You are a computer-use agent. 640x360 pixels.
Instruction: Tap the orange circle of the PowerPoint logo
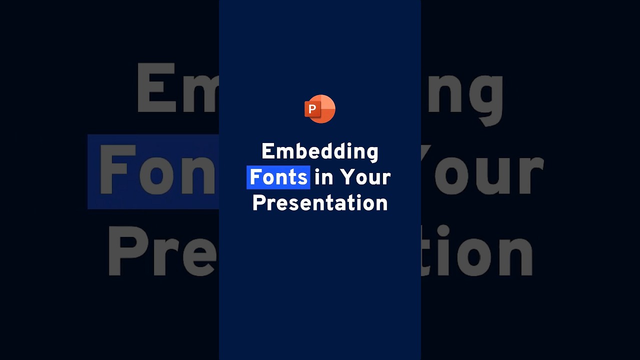pos(326,109)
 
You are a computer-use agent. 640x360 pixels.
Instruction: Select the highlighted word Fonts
pos(278,177)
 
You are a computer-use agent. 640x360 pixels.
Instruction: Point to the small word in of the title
pos(323,177)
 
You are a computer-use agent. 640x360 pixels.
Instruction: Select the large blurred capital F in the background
pos(117,170)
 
